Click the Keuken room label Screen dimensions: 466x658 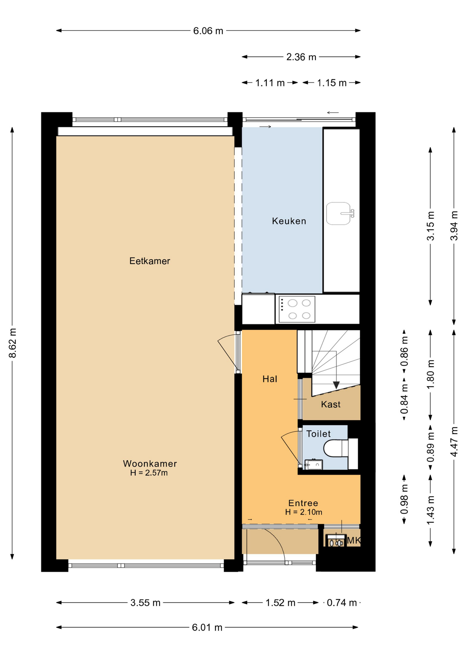coord(289,221)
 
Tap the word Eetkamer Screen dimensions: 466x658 coord(150,261)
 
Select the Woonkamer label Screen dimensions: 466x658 coord(150,464)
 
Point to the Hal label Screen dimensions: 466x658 coord(270,379)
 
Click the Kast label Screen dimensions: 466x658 coord(331,404)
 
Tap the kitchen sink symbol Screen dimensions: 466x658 coord(340,214)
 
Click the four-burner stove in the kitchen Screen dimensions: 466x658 coord(297,309)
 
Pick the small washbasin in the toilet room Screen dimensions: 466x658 coord(314,465)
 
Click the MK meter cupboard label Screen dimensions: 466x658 coord(354,540)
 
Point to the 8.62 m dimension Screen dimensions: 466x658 coord(12,343)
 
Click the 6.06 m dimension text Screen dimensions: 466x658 coord(208,31)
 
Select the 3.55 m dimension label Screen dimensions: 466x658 coord(145,603)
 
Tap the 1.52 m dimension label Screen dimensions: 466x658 coord(280,603)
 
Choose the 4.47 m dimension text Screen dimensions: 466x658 coord(454,441)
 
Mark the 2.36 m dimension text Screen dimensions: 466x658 coord(301,57)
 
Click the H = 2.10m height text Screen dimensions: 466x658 coord(303,512)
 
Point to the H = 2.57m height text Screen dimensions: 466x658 coord(149,473)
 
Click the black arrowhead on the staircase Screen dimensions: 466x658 coord(336,385)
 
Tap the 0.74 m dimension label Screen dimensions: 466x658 coord(342,603)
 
